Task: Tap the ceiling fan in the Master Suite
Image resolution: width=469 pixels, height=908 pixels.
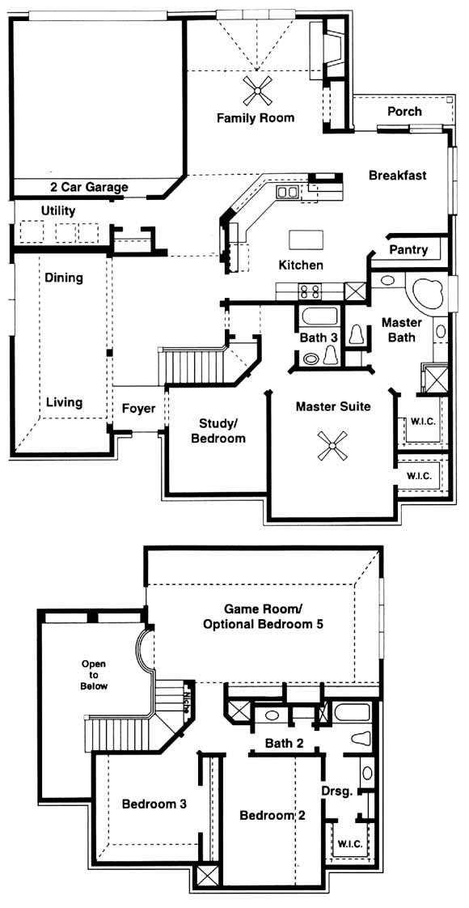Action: point(332,446)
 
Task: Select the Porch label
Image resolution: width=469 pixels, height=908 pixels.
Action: point(404,111)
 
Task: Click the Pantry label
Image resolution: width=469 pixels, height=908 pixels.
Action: point(408,250)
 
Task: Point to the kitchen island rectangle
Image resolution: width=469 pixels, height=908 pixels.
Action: point(305,240)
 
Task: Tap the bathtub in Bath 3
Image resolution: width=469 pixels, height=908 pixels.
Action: point(319,316)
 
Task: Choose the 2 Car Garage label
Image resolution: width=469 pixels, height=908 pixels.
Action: point(88,188)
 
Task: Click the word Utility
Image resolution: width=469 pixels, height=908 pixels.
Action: point(58,210)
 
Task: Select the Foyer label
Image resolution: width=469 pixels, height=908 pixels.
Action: point(139,409)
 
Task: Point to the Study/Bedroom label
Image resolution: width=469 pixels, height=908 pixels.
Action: point(218,431)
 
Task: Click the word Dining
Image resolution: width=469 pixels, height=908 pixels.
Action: point(64,278)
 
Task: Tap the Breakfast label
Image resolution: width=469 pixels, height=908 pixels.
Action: point(398,175)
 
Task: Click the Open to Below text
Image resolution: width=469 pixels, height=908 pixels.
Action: point(94,675)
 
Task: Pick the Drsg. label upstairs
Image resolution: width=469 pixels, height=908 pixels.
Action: point(336,791)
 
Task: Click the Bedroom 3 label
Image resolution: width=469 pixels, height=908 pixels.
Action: point(154,804)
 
